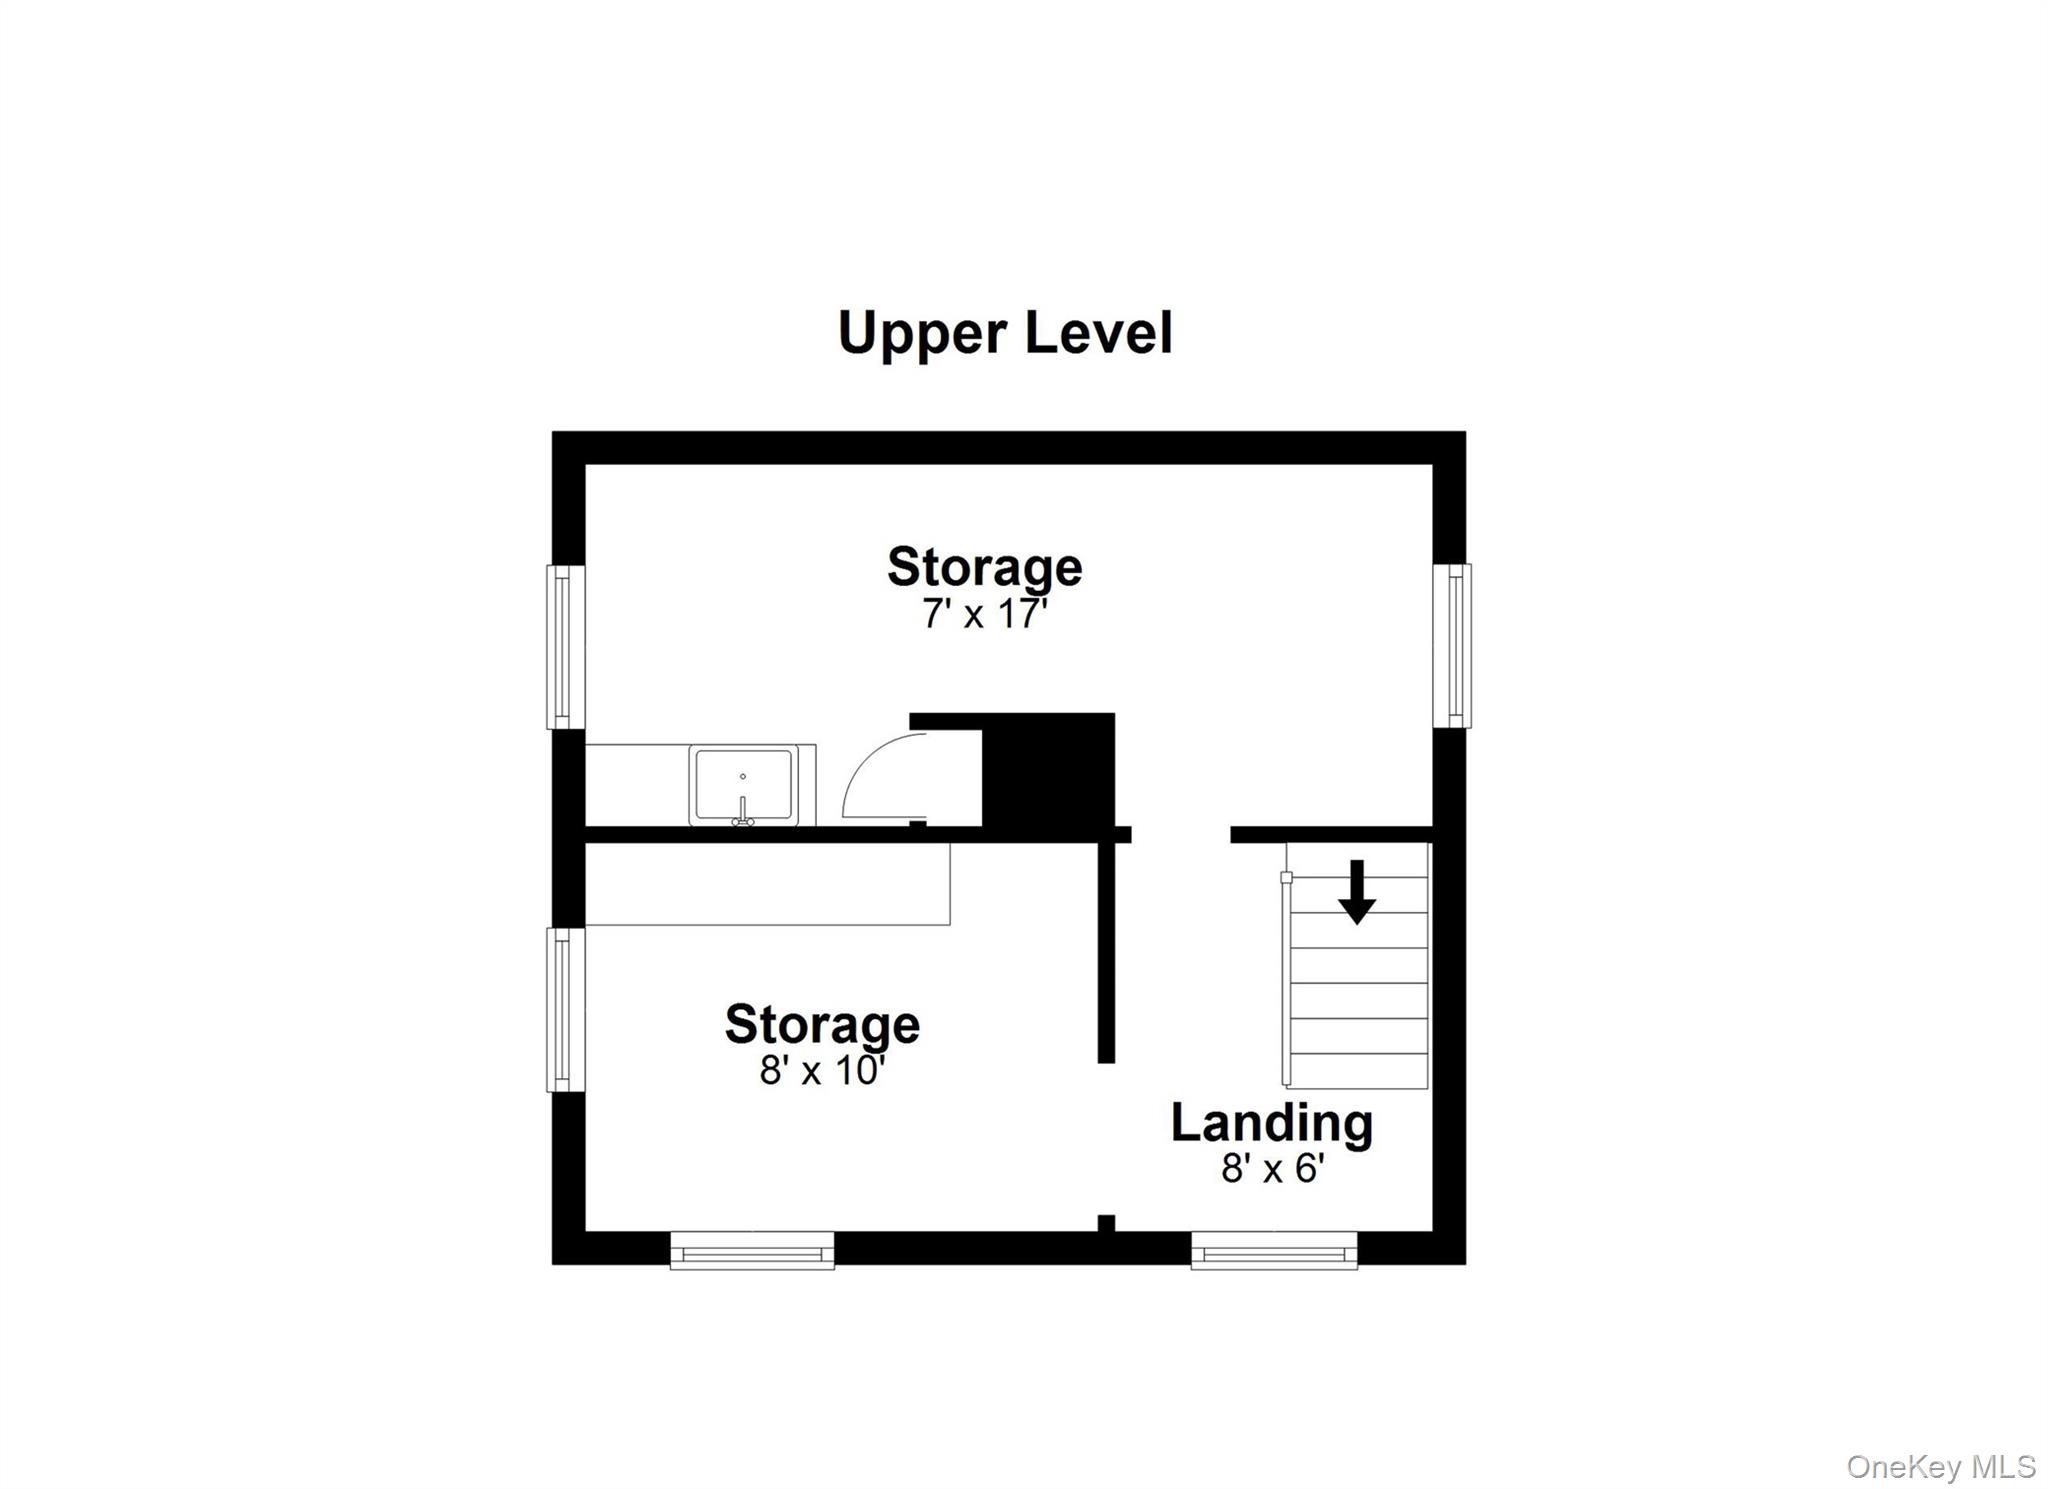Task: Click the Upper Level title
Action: coord(1004,333)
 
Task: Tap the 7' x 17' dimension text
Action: coord(984,613)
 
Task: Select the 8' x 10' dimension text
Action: coord(822,1070)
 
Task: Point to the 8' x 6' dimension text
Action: coord(1272,1167)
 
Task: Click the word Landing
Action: coord(1272,1122)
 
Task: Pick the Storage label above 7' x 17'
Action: coord(984,567)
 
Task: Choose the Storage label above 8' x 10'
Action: coord(822,1024)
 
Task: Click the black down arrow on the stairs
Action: coord(1356,892)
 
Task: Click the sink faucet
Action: coord(742,812)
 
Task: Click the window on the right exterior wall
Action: coord(1452,645)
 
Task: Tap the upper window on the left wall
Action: coord(565,647)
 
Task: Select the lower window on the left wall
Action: coord(565,1010)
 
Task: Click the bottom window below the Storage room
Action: coord(752,1251)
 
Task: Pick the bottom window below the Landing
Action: coord(1274,1251)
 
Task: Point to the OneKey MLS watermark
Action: coord(1940,1466)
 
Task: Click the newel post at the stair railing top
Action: coord(1286,878)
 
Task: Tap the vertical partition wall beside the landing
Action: coord(1106,950)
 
